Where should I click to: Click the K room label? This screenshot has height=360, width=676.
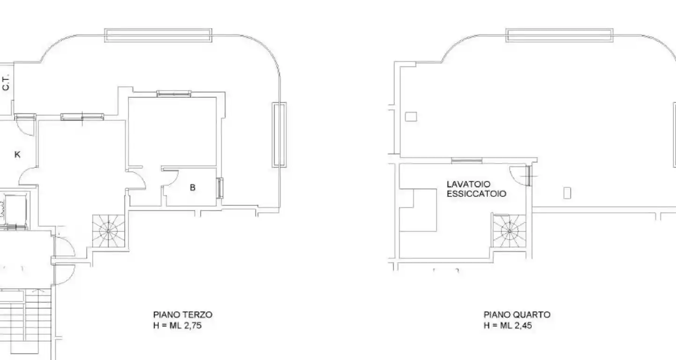(17, 155)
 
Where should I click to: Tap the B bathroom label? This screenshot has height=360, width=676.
(193, 187)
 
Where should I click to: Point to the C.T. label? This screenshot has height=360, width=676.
(6, 83)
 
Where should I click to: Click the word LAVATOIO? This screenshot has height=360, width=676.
(468, 184)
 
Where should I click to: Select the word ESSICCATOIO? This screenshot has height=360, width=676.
(476, 194)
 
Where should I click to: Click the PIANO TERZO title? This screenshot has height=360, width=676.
(183, 315)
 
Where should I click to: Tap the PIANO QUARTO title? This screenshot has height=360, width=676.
(517, 315)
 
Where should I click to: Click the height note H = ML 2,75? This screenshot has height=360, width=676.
(178, 326)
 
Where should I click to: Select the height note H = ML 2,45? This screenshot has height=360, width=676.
(508, 326)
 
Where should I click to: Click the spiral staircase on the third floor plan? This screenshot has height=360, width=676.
(108, 231)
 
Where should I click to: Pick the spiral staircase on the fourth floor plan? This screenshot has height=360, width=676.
(509, 231)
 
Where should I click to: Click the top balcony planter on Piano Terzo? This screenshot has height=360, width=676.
(158, 35)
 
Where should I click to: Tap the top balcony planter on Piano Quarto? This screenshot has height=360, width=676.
(559, 35)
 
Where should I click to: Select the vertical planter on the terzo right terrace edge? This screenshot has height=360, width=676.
(279, 135)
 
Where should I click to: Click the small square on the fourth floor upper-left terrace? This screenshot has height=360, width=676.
(411, 117)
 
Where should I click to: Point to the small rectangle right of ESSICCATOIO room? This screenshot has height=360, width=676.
(567, 193)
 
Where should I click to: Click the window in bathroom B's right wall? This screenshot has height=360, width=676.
(220, 188)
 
